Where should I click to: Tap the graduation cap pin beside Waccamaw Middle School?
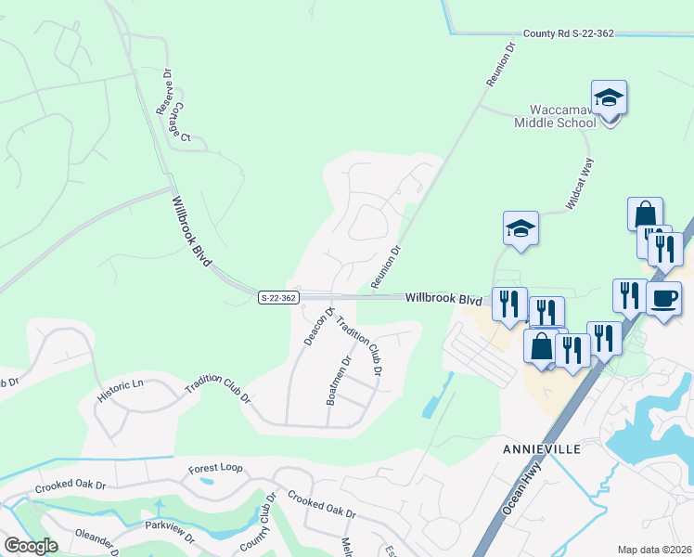[x=609, y=97]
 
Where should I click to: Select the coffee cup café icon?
[x=663, y=300]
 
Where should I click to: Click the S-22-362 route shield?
[x=278, y=297]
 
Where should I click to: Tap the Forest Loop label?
[x=215, y=469]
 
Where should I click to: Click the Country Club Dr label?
[x=259, y=522]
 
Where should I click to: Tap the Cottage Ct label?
[x=179, y=120]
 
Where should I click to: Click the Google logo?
[x=31, y=546]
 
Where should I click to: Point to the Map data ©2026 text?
[x=654, y=550]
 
